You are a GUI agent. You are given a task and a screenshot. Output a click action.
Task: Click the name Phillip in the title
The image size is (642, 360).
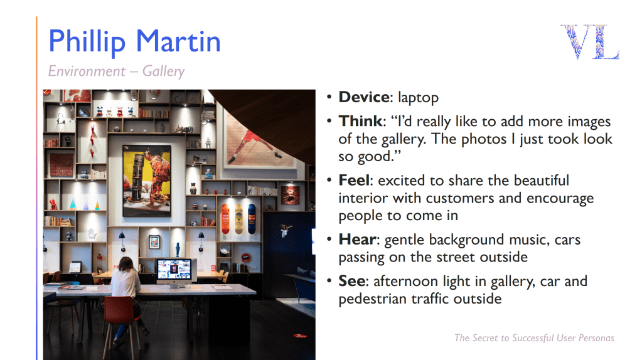click(87, 42)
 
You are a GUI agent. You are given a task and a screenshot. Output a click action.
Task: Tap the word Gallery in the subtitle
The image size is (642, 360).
click(163, 71)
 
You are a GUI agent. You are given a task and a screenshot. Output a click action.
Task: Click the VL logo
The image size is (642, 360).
click(590, 41)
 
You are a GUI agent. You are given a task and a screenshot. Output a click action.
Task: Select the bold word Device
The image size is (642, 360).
click(364, 97)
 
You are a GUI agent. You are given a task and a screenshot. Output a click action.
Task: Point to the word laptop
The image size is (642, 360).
click(418, 98)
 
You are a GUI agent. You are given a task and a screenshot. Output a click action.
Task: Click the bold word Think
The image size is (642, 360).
click(360, 121)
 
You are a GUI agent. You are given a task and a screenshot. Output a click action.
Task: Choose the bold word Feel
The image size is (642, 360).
click(354, 180)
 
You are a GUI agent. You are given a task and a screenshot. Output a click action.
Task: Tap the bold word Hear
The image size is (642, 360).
click(357, 240)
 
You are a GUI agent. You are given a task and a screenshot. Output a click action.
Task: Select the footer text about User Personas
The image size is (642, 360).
click(534, 338)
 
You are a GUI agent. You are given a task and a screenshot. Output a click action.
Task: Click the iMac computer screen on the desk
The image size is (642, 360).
click(174, 270)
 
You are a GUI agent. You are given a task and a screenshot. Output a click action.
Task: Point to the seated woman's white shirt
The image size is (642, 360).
click(126, 283)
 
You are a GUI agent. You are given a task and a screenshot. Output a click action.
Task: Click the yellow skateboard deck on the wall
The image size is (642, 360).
click(238, 219)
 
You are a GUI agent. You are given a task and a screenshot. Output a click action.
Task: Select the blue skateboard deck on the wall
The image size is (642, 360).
click(252, 219)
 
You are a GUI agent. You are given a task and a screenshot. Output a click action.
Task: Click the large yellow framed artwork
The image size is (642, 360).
click(147, 180)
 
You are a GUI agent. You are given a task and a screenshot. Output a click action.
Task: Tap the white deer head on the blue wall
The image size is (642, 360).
click(286, 231)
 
